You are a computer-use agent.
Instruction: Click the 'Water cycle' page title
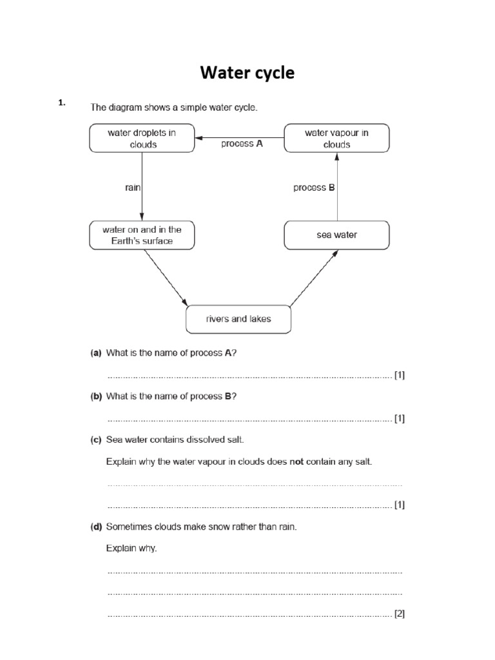tap(247, 73)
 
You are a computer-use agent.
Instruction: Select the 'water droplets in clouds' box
tap(142, 139)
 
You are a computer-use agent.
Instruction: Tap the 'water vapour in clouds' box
tap(336, 139)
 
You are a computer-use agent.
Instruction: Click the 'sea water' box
tap(336, 235)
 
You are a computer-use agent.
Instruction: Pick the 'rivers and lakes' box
tap(238, 319)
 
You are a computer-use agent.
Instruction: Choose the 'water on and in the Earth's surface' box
tap(142, 235)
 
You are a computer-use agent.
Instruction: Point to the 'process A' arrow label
tap(242, 144)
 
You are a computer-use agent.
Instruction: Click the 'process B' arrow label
tap(314, 188)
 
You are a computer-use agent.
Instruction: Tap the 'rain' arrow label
tap(133, 188)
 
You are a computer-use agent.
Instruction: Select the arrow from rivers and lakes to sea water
tap(313, 278)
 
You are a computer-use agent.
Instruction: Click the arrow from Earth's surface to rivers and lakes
tap(165, 278)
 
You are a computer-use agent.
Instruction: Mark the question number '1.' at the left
tap(63, 102)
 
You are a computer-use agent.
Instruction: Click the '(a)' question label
tap(95, 353)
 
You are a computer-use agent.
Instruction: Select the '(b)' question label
tap(95, 396)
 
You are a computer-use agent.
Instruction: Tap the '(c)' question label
tap(95, 440)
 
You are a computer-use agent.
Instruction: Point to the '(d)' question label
tap(95, 527)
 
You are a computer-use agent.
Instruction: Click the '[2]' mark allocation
tap(399, 614)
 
